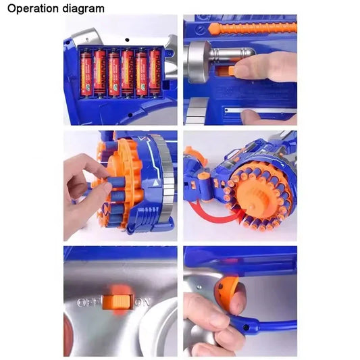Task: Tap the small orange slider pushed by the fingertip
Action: [231, 70]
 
